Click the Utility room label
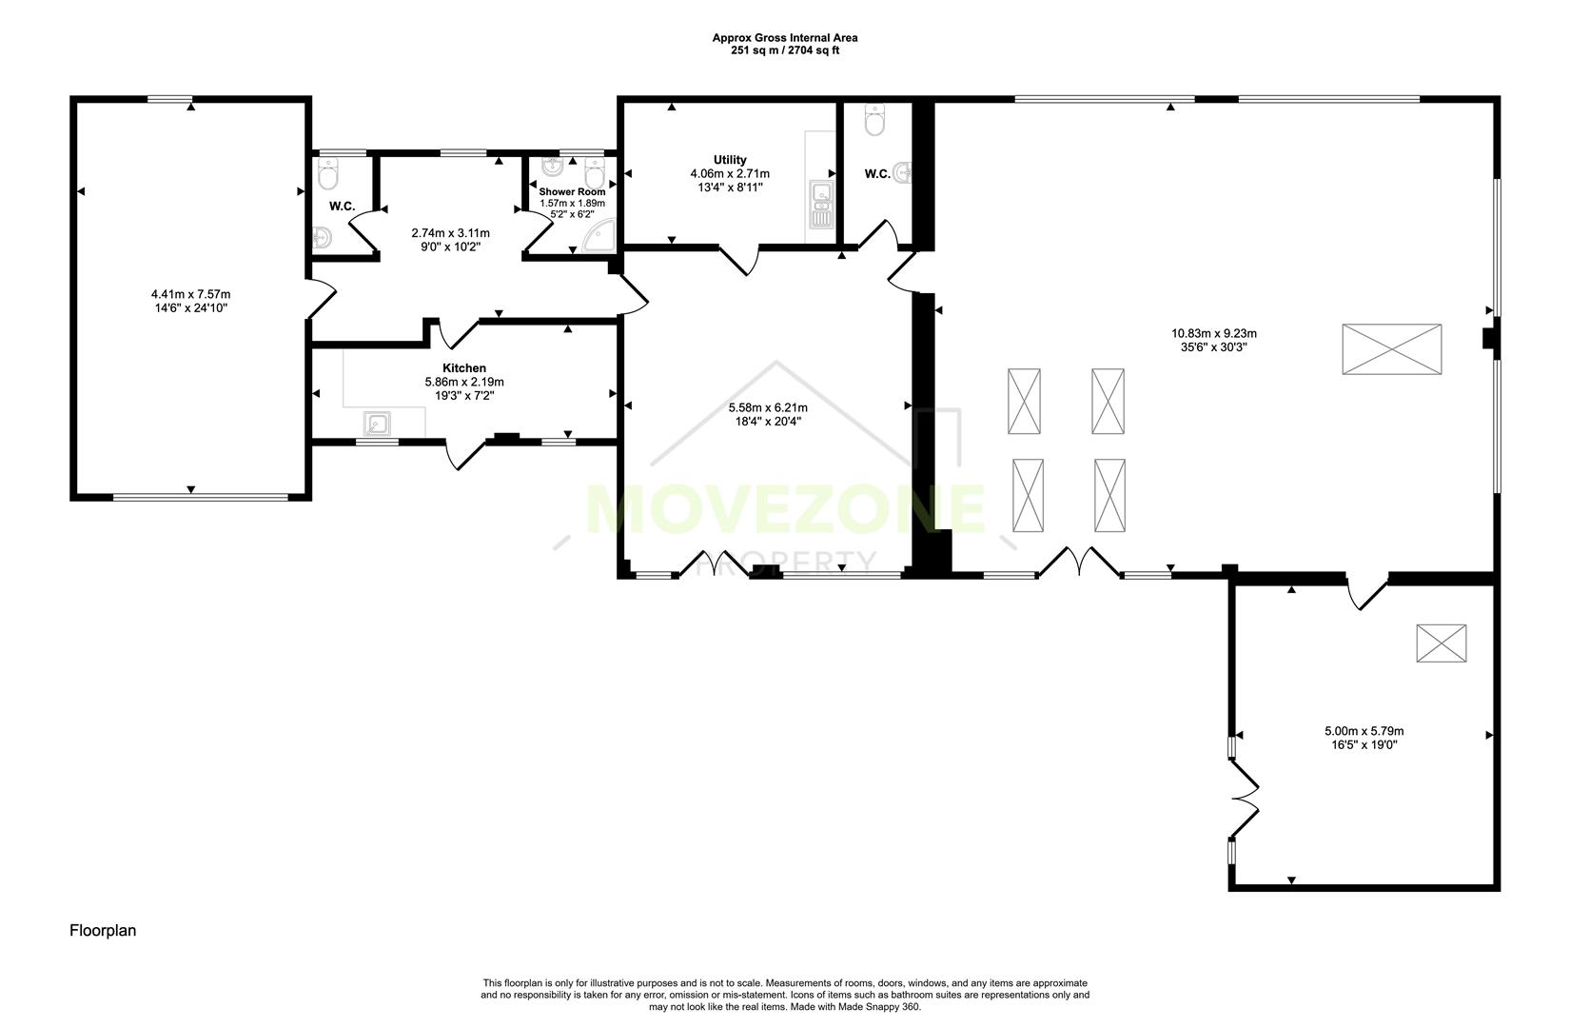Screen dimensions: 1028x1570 pos(730,160)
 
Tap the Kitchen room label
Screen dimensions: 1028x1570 pos(464,368)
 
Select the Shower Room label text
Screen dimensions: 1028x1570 pos(572,191)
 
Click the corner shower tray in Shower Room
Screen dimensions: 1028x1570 pos(599,239)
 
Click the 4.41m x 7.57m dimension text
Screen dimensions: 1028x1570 pos(190,294)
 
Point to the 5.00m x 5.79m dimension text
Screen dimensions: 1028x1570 pos(1364,731)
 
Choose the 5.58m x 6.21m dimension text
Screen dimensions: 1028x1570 pos(768,407)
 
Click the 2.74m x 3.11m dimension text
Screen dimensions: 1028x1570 pos(450,233)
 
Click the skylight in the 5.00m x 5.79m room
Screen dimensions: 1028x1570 pos(1441,643)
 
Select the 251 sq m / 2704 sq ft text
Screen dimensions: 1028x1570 pos(785,50)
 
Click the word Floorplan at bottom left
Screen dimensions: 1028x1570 pos(103,931)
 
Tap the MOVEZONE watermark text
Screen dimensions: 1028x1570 pos(785,509)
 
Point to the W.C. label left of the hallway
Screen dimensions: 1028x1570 pos(342,207)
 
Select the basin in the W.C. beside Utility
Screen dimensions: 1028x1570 pos(903,173)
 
